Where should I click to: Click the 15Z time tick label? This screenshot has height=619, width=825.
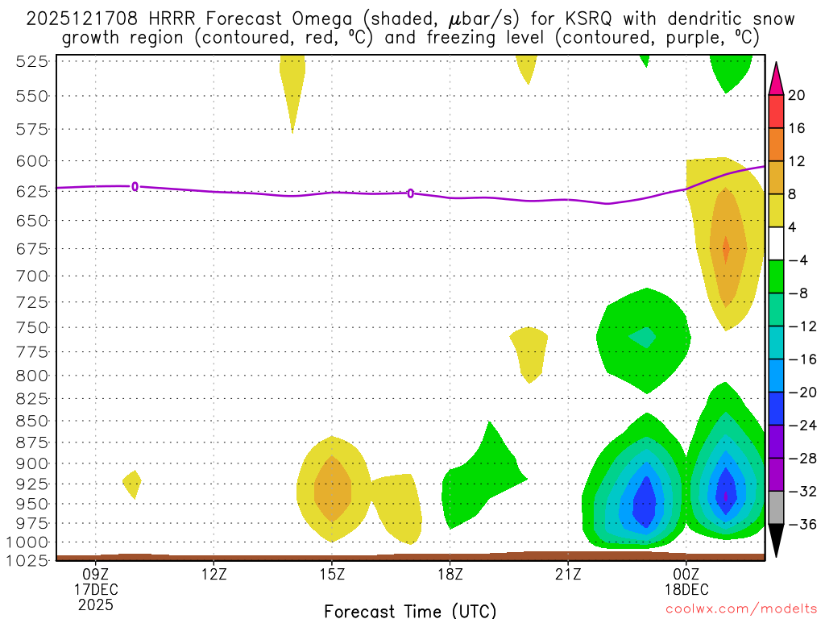tap(332, 574)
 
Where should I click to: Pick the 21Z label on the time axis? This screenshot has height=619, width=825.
tap(568, 574)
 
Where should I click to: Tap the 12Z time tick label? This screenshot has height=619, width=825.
tap(214, 574)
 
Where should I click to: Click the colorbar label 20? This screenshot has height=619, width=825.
tap(797, 95)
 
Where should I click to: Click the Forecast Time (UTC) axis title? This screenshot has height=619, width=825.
tap(410, 610)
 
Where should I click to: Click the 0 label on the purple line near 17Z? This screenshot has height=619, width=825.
tap(411, 193)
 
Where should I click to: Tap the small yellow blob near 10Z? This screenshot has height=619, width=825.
tap(132, 484)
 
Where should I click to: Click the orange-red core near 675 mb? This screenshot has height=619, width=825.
tap(726, 249)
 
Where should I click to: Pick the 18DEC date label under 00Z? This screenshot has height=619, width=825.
tap(686, 589)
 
